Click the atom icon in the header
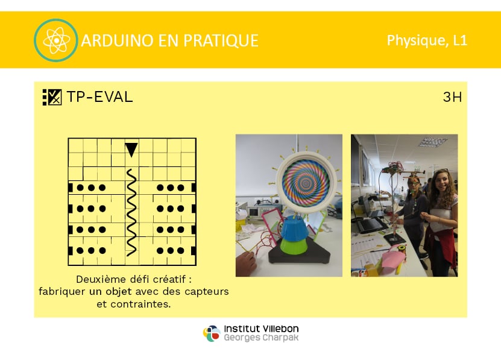(x=56, y=40)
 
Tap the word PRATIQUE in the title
(x=221, y=40)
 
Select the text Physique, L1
(x=427, y=40)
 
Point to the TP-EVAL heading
(x=99, y=96)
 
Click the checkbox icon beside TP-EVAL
(x=52, y=97)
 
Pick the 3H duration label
(x=452, y=97)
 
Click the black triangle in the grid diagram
(x=131, y=150)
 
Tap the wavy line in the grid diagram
(x=131, y=213)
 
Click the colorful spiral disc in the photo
(x=306, y=183)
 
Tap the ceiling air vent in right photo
(x=433, y=141)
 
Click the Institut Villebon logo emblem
(x=212, y=333)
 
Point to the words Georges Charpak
(x=261, y=338)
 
